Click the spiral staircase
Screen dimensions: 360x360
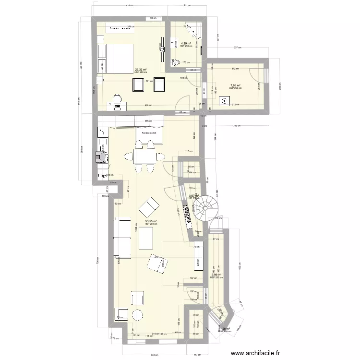[204, 208]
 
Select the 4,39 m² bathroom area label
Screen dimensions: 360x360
[186, 44]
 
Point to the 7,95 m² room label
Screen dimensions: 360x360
[235, 86]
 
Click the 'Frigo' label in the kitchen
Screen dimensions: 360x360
[102, 176]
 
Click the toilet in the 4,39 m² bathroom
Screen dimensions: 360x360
[176, 61]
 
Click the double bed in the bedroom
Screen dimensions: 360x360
[117, 58]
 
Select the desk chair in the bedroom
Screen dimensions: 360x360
[116, 99]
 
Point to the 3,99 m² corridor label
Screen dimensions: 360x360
[216, 275]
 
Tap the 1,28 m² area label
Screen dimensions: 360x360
[225, 329]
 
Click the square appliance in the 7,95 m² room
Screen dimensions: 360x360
[224, 101]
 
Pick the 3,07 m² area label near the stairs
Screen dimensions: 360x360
[193, 196]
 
